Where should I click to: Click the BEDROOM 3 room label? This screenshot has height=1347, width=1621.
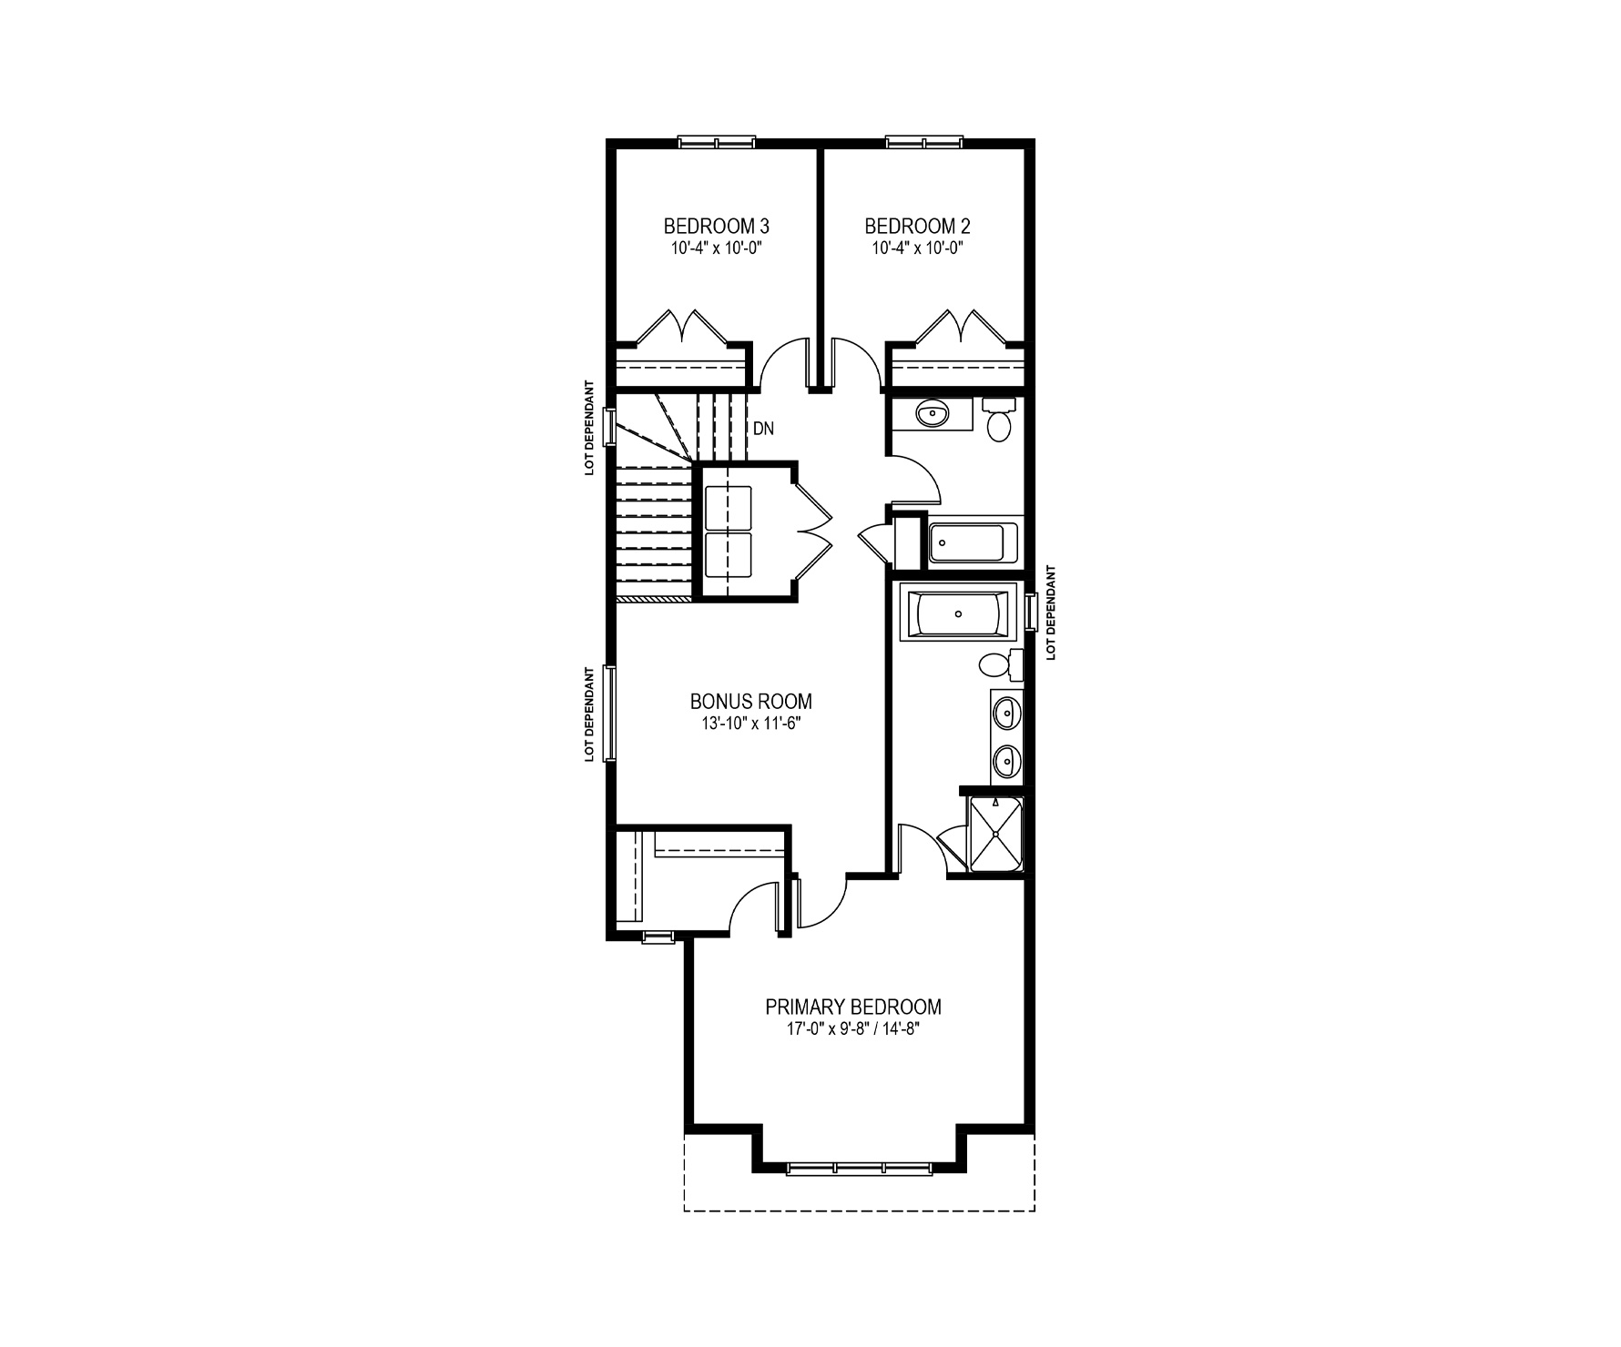coord(717,226)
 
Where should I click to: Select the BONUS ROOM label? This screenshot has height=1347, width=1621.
coord(750,702)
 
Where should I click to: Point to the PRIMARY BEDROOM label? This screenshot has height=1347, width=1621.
coord(853,1008)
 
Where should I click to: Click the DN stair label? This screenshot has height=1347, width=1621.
coord(763,428)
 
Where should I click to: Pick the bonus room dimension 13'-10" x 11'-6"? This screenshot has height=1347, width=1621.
coord(750,724)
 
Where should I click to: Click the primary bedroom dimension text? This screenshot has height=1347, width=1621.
coord(853,1030)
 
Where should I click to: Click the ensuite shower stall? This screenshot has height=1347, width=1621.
coord(995,835)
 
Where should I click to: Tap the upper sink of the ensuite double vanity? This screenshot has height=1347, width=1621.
coord(1005,713)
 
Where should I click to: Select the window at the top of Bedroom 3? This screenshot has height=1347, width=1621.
coord(717,142)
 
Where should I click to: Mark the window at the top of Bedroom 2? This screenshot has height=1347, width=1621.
coord(924,142)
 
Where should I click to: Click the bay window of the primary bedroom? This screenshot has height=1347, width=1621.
coord(860,1168)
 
